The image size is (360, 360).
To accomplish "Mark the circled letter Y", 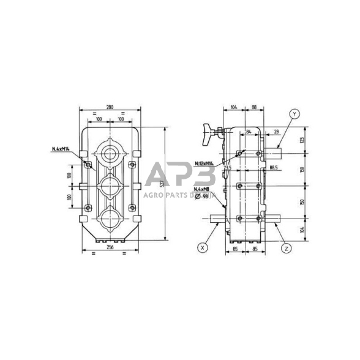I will coord(294,114).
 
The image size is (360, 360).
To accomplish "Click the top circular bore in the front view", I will coord(110,152).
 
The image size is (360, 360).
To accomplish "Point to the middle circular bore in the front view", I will coord(110,184).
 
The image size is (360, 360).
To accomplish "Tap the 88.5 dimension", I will coord(273,167).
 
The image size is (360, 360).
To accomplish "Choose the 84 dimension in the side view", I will coord(248,132).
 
